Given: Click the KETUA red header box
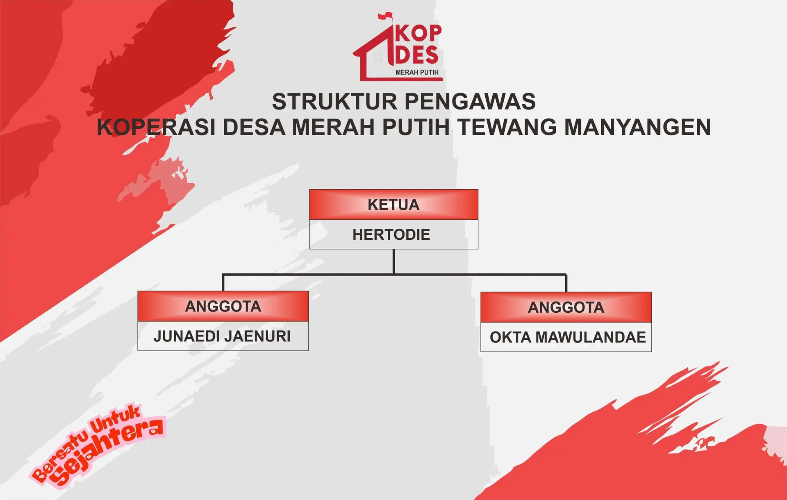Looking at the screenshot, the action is pos(393,205).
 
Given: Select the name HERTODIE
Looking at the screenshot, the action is pos(391,234).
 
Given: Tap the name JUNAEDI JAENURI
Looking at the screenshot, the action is pos(222,336).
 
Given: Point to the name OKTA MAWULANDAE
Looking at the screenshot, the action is pos(568,337).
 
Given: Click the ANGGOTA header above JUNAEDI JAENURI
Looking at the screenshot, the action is pos(223,306).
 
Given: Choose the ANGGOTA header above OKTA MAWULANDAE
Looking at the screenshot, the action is pos(566,307).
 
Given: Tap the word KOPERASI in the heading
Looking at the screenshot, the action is pos(156,127).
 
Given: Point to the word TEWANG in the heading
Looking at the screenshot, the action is pos(507,127).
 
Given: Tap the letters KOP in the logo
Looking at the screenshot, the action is pos(418,34).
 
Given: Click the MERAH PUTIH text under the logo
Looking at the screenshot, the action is pos(417,72).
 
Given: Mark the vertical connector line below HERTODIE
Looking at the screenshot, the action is pos(393,261).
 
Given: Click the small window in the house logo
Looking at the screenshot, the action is pos(378,57).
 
